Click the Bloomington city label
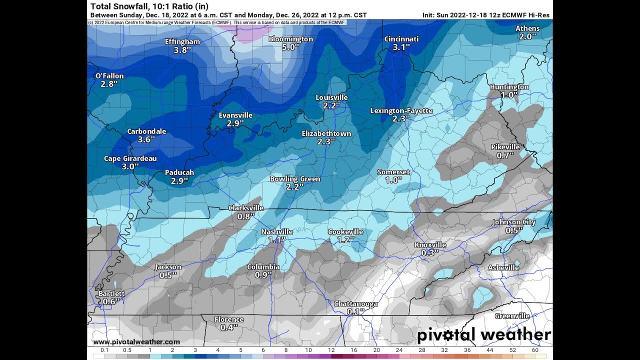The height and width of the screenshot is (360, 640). pyautogui.click(x=290, y=39)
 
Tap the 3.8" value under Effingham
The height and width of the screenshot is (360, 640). pyautogui.click(x=183, y=50)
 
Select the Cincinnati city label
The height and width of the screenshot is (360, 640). pyautogui.click(x=401, y=39)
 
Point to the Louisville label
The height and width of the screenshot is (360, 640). pyautogui.click(x=331, y=97)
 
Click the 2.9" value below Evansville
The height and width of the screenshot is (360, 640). pyautogui.click(x=235, y=123)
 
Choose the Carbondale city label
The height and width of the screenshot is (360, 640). pyautogui.click(x=146, y=131)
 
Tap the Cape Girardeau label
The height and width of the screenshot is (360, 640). pyautogui.click(x=130, y=158)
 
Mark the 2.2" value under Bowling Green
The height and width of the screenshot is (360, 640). pyautogui.click(x=295, y=187)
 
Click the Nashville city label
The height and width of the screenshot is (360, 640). pyautogui.click(x=277, y=231)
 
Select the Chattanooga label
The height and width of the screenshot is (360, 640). pyautogui.click(x=355, y=304)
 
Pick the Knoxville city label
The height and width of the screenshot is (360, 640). pyautogui.click(x=430, y=245)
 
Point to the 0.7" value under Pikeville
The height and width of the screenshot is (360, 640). pyautogui.click(x=505, y=155)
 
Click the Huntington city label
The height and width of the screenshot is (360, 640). pyautogui.click(x=509, y=87)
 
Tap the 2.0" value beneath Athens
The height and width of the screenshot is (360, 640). pyautogui.click(x=527, y=36)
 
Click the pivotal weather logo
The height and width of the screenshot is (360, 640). pyautogui.click(x=483, y=335)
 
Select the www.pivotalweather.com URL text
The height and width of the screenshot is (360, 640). pyautogui.click(x=136, y=342)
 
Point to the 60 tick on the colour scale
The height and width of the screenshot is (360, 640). pyautogui.click(x=535, y=350)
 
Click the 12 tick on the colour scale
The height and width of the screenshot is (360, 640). pyautogui.click(x=331, y=350)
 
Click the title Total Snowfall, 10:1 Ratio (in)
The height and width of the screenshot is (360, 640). pyautogui.click(x=149, y=6)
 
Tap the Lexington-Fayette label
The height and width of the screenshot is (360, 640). pyautogui.click(x=401, y=110)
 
